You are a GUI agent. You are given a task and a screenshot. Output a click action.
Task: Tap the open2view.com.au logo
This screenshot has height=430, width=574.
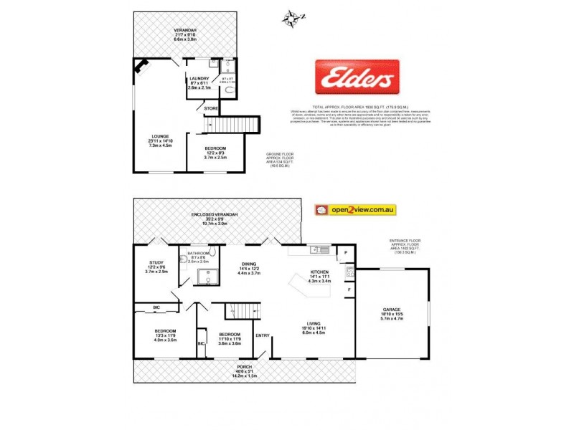[x=356, y=210]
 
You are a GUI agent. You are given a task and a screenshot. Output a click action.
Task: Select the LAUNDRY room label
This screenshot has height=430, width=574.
[x=199, y=78]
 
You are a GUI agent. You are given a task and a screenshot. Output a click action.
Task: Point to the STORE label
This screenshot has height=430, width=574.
[x=211, y=108]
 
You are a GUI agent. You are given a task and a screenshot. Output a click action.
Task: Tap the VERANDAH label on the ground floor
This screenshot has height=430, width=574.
[x=184, y=29]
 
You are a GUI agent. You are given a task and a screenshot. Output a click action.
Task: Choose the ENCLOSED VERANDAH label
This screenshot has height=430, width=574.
[x=215, y=214]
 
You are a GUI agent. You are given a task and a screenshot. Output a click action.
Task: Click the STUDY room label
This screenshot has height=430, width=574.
[x=156, y=262]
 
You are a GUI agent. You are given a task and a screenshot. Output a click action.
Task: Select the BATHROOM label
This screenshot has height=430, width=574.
[x=198, y=253]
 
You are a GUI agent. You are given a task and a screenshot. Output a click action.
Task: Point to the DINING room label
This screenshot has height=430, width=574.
[x=248, y=263]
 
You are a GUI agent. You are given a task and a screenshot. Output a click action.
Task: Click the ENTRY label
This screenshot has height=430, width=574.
[x=263, y=335]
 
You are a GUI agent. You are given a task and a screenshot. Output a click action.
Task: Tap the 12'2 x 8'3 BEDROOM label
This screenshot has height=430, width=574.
[x=214, y=148]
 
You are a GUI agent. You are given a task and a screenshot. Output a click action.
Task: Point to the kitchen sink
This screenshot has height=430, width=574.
[x=316, y=250]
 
